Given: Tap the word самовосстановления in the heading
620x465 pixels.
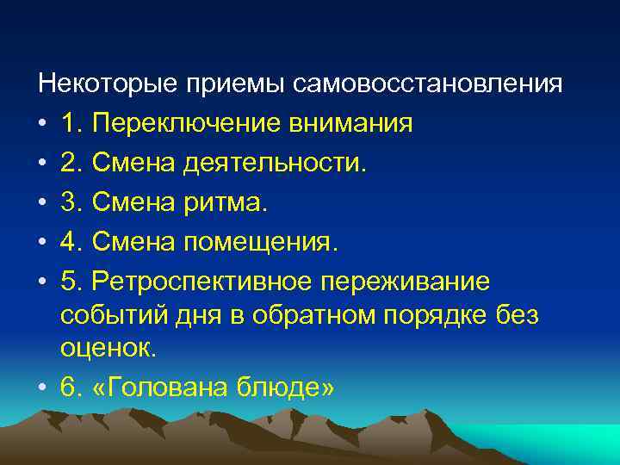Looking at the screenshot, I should pyautogui.click(x=428, y=84).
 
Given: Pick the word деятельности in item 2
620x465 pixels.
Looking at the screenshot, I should pyautogui.click(x=279, y=163).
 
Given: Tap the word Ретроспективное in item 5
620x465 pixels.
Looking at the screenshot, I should pyautogui.click(x=204, y=282).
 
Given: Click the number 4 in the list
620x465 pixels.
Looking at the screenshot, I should pyautogui.click(x=70, y=242).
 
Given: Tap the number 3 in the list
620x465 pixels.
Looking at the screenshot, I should pyautogui.click(x=70, y=202).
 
